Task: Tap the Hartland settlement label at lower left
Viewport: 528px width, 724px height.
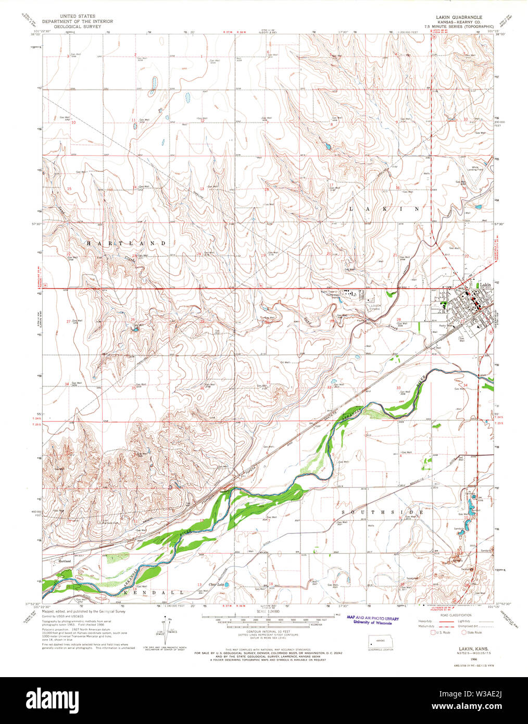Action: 65,561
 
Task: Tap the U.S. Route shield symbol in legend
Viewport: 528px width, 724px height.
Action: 432,632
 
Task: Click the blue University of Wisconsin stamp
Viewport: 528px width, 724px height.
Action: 373,620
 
